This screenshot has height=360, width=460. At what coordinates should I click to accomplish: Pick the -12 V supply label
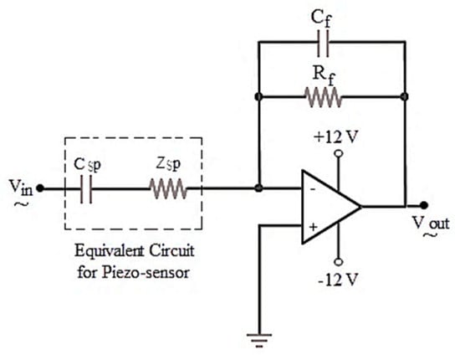point(336,277)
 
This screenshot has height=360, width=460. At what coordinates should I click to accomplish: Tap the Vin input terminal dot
point(41,189)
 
